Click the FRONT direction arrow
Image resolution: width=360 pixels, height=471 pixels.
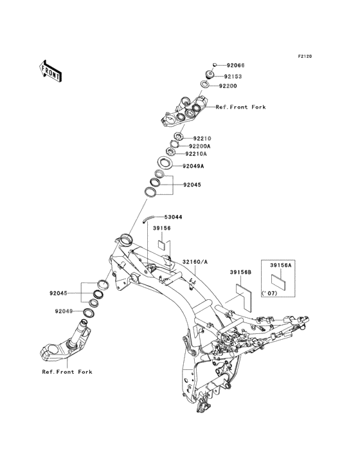point(50,71)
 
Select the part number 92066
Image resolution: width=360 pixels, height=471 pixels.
point(235,65)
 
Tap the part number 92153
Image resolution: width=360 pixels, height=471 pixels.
point(233,77)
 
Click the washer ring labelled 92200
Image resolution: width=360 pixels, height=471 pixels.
point(205,85)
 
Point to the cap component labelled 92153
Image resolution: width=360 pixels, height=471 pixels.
point(210,74)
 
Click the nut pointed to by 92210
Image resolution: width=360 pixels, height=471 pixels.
point(179,137)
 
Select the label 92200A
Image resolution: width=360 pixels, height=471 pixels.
point(200,146)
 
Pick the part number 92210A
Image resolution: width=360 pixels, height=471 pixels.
point(196,154)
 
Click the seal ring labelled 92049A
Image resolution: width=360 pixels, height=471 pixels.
point(165,163)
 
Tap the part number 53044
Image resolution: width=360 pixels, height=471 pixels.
point(173,217)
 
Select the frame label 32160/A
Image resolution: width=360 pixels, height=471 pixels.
point(195,262)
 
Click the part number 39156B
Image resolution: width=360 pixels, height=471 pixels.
point(240,272)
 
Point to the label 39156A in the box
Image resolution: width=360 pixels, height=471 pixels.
point(281,265)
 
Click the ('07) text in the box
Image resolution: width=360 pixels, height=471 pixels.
point(269,293)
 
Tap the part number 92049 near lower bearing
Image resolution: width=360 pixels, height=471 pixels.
point(64,311)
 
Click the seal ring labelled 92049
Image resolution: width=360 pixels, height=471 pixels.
point(89,313)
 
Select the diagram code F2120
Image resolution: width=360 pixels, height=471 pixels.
point(305,56)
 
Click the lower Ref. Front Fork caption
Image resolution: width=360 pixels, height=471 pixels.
point(67,372)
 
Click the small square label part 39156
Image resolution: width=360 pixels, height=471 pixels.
point(162,245)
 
